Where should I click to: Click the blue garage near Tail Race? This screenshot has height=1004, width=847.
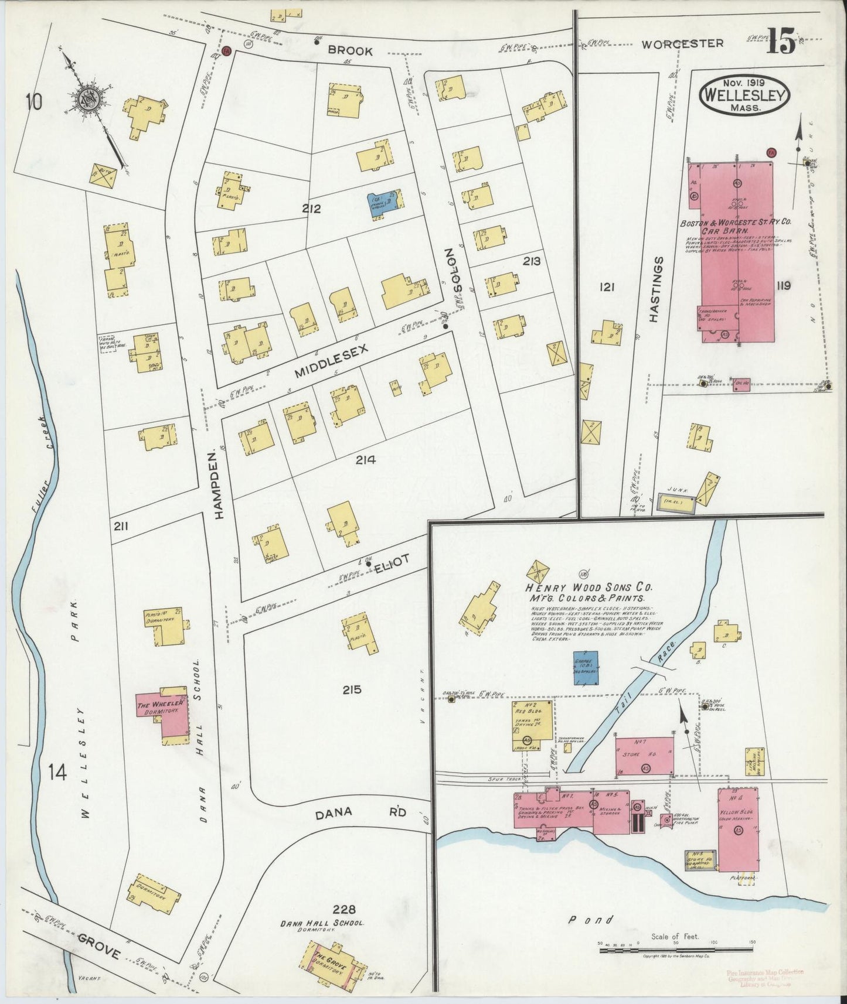tap(586, 667)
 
